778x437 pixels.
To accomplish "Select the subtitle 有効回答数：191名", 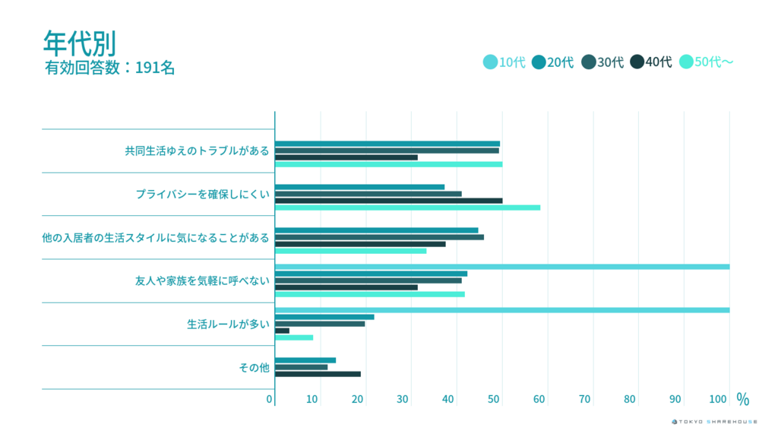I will coord(110,68).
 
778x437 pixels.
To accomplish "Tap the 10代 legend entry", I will coord(504,62).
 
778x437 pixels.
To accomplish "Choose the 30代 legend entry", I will coord(602,62).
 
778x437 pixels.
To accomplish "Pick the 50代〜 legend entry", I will coord(707,62).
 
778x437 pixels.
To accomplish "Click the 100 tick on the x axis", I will coord(718,399).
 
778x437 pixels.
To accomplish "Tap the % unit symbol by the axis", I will coord(742,399).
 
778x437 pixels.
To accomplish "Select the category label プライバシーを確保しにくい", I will coord(202,194).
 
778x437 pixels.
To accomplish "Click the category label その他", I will coord(254,368).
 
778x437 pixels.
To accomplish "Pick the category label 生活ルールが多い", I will coord(228,324).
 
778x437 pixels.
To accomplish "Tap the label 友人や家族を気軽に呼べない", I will coord(202,281).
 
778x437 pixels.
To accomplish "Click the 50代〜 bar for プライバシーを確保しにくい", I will coord(407,207).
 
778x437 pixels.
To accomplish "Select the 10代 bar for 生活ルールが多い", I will coord(501,310).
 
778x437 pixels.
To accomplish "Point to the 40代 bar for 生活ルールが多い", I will coord(282,331).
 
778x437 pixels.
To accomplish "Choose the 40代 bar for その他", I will coord(318,374).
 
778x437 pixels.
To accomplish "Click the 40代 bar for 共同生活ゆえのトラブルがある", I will coord(346,157).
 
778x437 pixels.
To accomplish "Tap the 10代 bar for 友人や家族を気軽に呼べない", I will coord(501,267).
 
